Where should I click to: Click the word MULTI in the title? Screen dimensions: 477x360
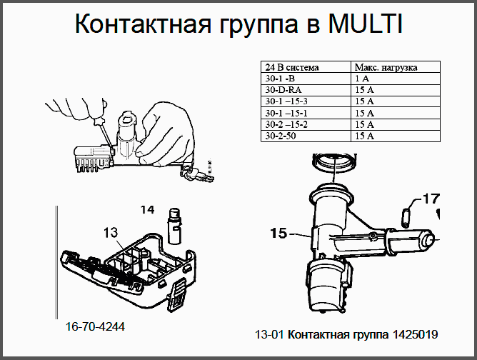(366, 23)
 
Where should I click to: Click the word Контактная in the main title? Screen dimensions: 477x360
(143, 23)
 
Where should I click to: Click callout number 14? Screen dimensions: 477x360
(147, 210)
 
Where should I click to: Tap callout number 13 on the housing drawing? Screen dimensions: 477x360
(111, 233)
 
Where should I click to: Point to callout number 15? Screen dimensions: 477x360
(278, 234)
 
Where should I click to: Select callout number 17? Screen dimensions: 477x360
(432, 199)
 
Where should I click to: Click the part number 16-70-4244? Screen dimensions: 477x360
(95, 327)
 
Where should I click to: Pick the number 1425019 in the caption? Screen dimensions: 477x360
(416, 334)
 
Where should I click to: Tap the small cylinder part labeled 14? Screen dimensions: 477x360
(175, 226)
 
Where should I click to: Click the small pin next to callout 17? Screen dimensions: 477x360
(406, 217)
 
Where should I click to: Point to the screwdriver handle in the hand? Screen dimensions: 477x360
(99, 122)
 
